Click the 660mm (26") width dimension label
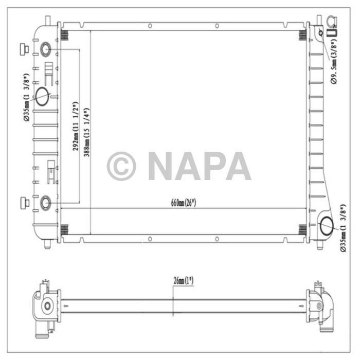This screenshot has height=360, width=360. [x=184, y=203]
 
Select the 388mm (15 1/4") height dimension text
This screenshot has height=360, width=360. [x=87, y=132]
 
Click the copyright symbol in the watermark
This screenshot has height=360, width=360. [x=121, y=166]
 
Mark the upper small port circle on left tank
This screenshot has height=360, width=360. [x=45, y=49]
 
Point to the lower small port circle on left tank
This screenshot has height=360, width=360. [x=45, y=203]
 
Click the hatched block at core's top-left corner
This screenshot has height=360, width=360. [x=65, y=35]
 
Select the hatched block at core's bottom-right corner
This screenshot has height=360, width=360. [x=302, y=229]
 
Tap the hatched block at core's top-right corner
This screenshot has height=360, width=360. [x=302, y=35]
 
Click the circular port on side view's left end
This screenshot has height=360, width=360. [x=47, y=306]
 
